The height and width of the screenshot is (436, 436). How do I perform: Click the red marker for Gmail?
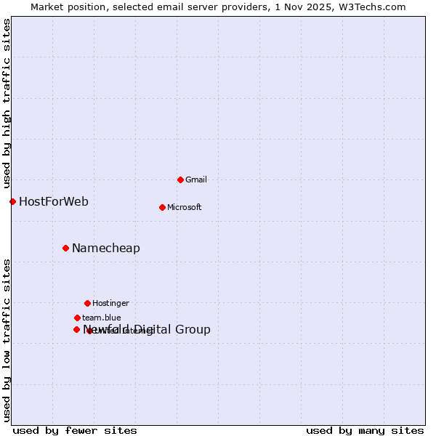pyautogui.click(x=180, y=179)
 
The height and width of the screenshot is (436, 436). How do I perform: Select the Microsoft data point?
pyautogui.click(x=162, y=207)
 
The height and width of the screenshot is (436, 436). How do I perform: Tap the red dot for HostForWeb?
pyautogui.click(x=12, y=201)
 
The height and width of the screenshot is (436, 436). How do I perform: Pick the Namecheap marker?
pyautogui.click(x=65, y=249)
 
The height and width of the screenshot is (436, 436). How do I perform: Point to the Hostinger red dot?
pyautogui.click(x=87, y=303)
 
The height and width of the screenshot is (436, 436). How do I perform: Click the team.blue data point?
pyautogui.click(x=77, y=318)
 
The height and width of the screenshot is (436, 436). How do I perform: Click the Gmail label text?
pyautogui.click(x=196, y=179)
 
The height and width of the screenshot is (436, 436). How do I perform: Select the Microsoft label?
pyautogui.click(x=184, y=207)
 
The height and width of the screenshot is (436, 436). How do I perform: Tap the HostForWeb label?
pyautogui.click(x=54, y=201)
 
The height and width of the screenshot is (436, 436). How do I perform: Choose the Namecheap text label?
pyautogui.click(x=106, y=249)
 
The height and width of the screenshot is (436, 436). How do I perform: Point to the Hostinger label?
pyautogui.click(x=110, y=303)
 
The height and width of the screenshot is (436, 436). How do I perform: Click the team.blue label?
pyautogui.click(x=102, y=318)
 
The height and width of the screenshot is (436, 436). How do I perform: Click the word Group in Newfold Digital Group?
pyautogui.click(x=193, y=330)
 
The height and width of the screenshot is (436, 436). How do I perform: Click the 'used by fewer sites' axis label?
pyautogui.click(x=75, y=430)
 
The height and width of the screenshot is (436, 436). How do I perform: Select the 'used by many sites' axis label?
pyautogui.click(x=365, y=430)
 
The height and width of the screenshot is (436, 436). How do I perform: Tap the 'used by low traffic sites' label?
pyautogui.click(x=7, y=339)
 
